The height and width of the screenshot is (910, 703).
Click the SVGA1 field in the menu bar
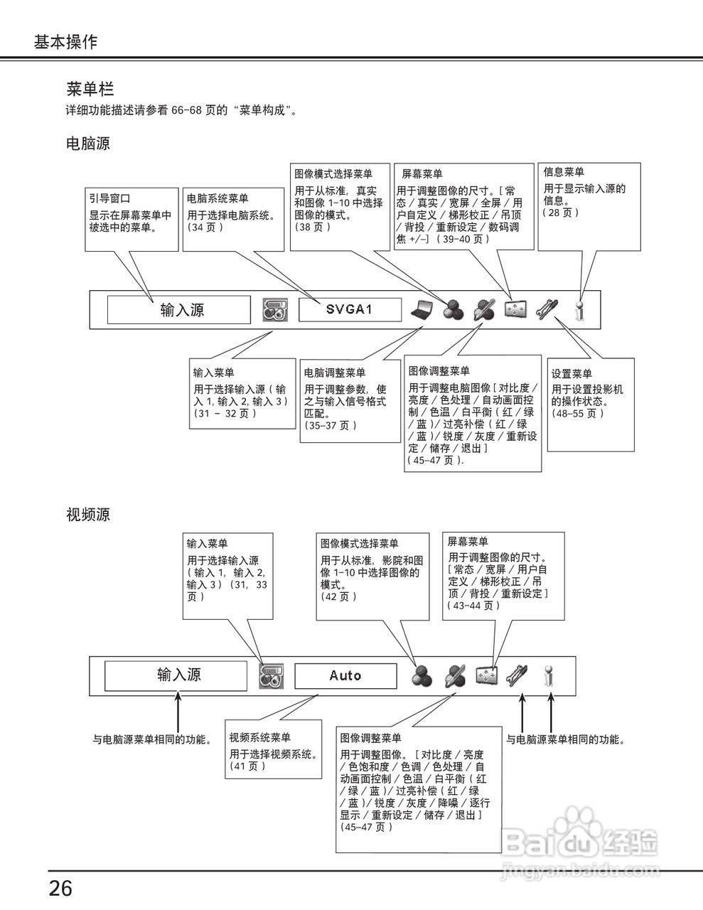click(x=349, y=309)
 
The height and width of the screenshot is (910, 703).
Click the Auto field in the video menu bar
click(x=345, y=675)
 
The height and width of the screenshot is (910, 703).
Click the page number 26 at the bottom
click(x=60, y=888)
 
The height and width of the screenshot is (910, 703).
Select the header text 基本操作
click(x=65, y=41)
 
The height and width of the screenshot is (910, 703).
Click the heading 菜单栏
click(x=90, y=89)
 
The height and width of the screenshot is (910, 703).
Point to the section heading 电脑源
click(x=87, y=144)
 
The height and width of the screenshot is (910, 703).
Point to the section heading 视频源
click(x=87, y=514)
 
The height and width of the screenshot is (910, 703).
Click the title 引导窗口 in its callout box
click(x=109, y=198)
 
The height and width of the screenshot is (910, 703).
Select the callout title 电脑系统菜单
click(x=218, y=198)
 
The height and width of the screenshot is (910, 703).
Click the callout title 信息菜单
click(x=564, y=172)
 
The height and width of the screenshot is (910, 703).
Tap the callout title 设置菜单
click(x=572, y=374)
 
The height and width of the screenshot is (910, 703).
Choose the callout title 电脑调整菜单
click(x=335, y=373)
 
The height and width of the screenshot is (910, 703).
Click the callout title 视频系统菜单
click(x=259, y=737)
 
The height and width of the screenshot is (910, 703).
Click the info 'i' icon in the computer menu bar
click(x=580, y=310)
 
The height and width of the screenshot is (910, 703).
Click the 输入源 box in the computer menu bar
click(x=179, y=310)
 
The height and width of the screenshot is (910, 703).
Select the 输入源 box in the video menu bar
click(x=176, y=675)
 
